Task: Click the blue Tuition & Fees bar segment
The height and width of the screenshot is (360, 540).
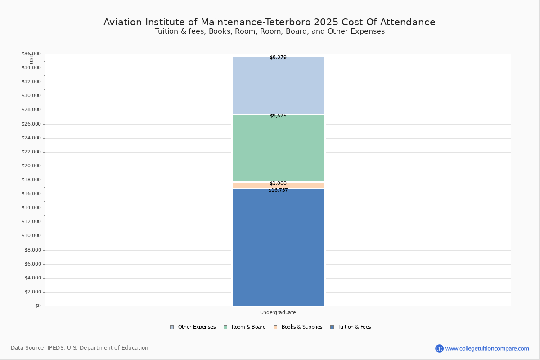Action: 278,247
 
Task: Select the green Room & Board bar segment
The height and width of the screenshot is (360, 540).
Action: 278,148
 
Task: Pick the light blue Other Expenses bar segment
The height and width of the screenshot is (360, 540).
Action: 278,85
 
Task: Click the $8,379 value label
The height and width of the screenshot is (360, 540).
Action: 278,58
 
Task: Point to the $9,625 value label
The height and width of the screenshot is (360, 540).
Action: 278,116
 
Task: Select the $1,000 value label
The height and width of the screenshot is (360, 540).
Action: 278,184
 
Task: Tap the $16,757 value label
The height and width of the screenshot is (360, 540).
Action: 278,190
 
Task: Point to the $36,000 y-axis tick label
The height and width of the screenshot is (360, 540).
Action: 31,54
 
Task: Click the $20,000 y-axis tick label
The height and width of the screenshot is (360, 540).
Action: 31,166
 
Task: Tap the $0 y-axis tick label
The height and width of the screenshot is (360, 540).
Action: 37,306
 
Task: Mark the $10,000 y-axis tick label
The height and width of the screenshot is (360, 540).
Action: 31,236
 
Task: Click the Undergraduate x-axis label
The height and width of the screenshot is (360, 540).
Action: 278,312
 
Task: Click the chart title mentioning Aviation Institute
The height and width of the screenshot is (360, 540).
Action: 270,22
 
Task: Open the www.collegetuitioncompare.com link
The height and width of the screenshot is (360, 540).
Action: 487,348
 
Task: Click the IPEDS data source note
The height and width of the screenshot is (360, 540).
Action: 80,348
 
